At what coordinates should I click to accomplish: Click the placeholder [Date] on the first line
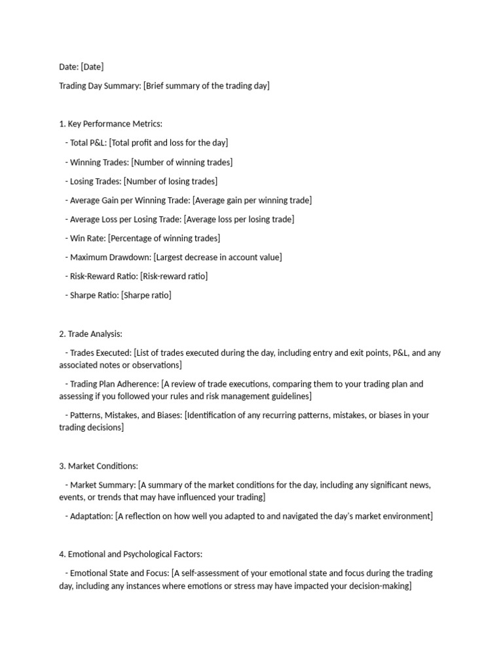92,67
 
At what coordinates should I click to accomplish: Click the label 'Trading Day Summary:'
100,86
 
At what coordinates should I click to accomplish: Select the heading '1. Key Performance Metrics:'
111,124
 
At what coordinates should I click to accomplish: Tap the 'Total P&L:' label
88,143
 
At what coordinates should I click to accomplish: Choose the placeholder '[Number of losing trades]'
170,181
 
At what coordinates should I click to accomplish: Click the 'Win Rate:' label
88,238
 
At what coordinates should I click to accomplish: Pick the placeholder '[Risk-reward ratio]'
174,276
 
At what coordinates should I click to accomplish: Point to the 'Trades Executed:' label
100,353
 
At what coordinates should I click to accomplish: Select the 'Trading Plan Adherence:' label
115,384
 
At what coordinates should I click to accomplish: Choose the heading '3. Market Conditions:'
98,466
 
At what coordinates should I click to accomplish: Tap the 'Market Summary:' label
103,485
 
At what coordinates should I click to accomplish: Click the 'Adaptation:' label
91,516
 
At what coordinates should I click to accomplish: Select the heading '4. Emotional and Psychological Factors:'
135,554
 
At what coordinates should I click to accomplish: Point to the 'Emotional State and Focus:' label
120,573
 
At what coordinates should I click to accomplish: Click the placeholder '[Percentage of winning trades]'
164,238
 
